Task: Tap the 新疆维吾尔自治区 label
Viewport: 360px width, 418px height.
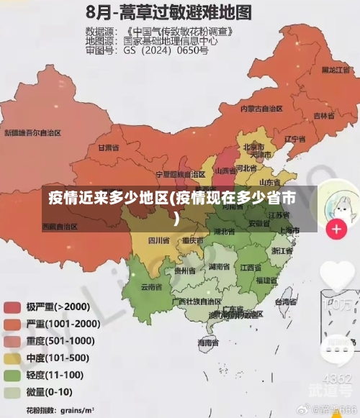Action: coord(32,133)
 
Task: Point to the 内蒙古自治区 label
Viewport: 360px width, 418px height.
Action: coord(261,109)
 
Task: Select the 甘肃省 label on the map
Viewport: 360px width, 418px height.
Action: coord(106,147)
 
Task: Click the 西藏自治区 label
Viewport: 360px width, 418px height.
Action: coord(60,226)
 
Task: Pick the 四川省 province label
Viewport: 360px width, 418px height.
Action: coord(158,240)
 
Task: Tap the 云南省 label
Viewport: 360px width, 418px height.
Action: coord(150,286)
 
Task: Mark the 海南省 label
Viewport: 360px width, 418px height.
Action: coord(208,345)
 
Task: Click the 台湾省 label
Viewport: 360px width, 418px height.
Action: coord(286,303)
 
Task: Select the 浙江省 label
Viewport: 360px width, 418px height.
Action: coord(282,251)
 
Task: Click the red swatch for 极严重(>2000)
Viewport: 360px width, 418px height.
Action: coord(12,307)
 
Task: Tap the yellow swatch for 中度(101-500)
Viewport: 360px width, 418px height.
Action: coord(12,358)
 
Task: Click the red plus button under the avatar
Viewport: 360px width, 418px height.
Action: coord(336,230)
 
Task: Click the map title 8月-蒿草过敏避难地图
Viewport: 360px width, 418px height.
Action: coord(168,12)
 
